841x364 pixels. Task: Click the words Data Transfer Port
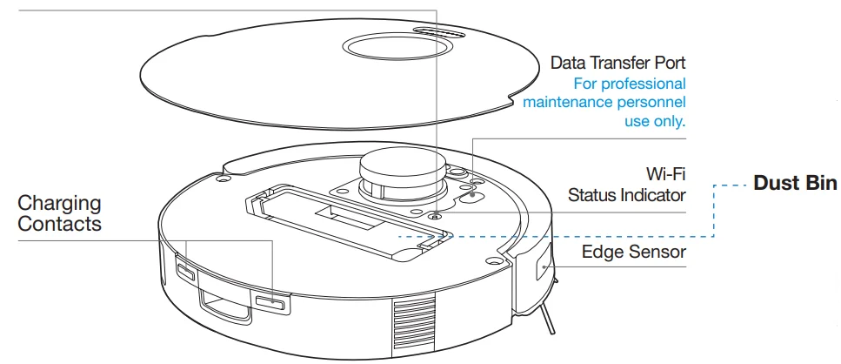click(618, 64)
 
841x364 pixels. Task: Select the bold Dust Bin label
click(792, 184)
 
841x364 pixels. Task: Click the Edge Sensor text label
click(634, 253)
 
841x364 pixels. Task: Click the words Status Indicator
click(626, 194)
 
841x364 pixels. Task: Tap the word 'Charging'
click(59, 204)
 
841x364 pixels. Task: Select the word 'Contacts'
click(59, 224)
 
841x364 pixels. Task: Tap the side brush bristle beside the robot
click(548, 319)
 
